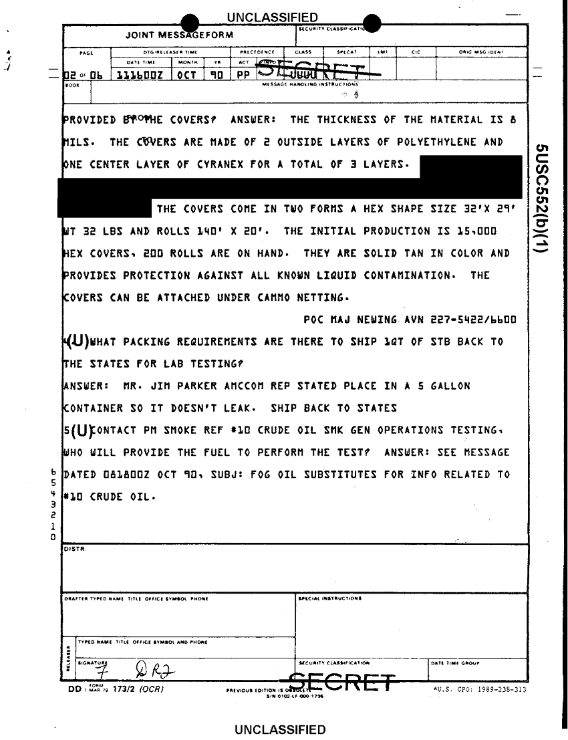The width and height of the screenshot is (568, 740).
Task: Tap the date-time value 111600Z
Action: pos(141,76)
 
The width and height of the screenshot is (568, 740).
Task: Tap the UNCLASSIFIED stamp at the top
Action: pos(272,17)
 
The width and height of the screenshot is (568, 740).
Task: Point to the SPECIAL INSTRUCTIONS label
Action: pos(330,599)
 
